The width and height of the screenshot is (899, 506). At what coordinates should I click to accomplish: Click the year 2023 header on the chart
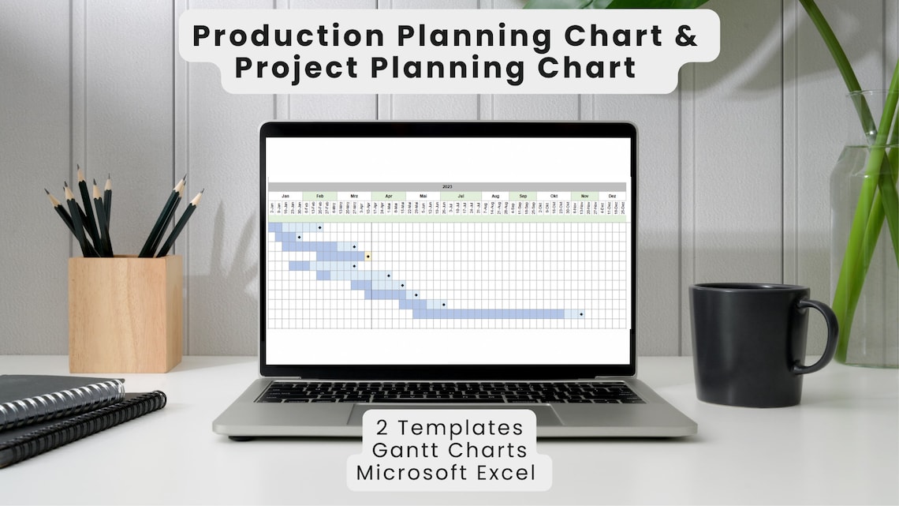(x=447, y=187)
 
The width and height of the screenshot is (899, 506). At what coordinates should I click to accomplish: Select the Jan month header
(x=285, y=196)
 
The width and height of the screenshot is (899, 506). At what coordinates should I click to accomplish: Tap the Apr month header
(x=388, y=196)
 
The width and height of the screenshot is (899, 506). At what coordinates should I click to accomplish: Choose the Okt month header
(x=554, y=196)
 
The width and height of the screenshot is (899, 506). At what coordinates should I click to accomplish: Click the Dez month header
(x=612, y=196)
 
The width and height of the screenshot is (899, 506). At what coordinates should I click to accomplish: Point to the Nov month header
(x=584, y=196)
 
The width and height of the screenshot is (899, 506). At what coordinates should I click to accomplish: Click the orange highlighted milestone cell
(x=368, y=257)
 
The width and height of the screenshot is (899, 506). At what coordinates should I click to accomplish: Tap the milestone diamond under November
(x=581, y=314)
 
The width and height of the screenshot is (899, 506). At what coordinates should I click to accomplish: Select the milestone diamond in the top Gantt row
(x=319, y=227)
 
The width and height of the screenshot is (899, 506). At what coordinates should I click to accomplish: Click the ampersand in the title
(x=687, y=36)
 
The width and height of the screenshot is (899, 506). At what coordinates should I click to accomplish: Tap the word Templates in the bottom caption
(x=461, y=428)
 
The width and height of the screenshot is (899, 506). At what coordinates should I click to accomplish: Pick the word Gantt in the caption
(x=410, y=451)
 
